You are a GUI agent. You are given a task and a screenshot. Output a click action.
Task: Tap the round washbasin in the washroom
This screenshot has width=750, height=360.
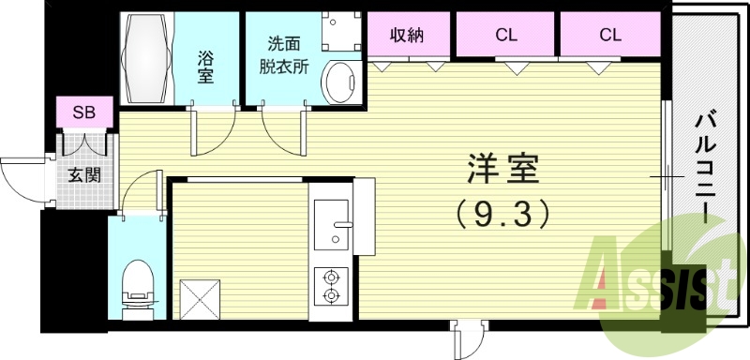pos(338,81)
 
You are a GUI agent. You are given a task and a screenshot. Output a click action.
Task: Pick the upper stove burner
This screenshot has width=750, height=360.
pos(331,277)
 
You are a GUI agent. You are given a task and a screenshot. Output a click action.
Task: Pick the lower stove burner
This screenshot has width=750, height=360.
pos(331,296)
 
